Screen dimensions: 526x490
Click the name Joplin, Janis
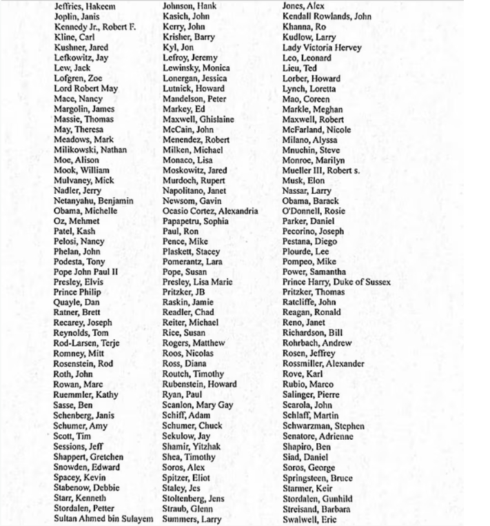pyautogui.click(x=77, y=17)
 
